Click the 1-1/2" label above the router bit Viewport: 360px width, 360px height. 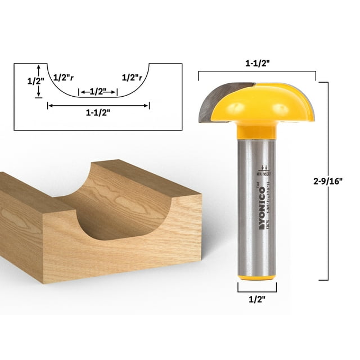pyautogui.click(x=257, y=64)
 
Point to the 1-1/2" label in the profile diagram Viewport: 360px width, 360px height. pyautogui.click(x=97, y=112)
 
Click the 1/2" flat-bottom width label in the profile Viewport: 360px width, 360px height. pyautogui.click(x=98, y=92)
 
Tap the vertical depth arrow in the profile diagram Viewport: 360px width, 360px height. pyautogui.click(x=38, y=81)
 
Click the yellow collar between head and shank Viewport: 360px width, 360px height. pyautogui.click(x=257, y=130)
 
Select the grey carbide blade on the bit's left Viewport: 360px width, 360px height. pyautogui.click(x=206, y=101)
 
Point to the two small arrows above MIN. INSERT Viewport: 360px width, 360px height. pyautogui.click(x=264, y=168)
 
